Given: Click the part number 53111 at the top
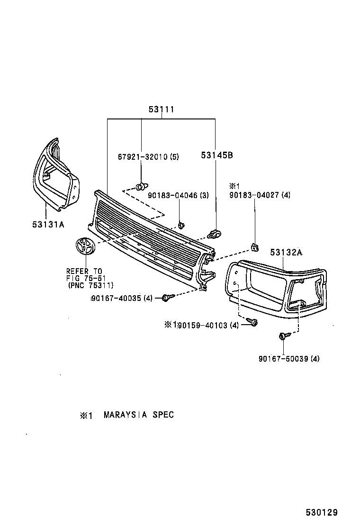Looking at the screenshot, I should pyautogui.click(x=162, y=109).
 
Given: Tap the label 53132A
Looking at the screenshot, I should pyautogui.click(x=286, y=253).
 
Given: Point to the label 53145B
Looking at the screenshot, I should pyautogui.click(x=216, y=155).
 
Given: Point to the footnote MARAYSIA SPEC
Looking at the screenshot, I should pyautogui.click(x=139, y=415).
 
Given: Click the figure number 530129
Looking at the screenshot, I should pyautogui.click(x=321, y=512).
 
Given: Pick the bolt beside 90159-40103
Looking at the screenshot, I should pyautogui.click(x=252, y=323).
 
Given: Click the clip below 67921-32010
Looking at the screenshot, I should pyautogui.click(x=141, y=186).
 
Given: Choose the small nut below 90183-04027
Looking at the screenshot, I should pyautogui.click(x=255, y=246).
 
